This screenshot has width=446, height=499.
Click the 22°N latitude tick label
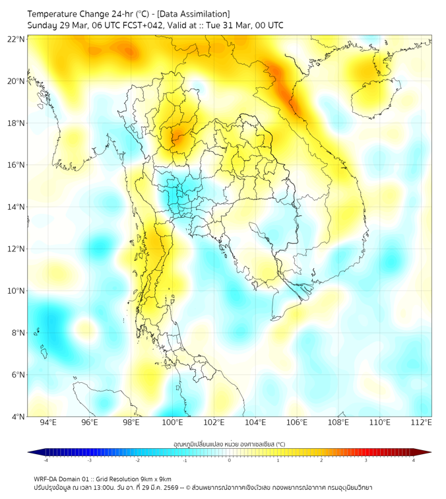pos(16,39)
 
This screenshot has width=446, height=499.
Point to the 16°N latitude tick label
pos(16,165)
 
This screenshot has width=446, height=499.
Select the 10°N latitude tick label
pos(16,291)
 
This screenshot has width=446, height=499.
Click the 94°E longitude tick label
pos(48,423)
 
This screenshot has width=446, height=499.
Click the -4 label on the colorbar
pos(46,460)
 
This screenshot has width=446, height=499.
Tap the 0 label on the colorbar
pos(230,460)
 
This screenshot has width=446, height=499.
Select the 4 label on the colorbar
pos(413,460)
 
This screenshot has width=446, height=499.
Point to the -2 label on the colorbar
pos(137,460)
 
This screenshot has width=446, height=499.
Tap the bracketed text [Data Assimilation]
pos(194,13)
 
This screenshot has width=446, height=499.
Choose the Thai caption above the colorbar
pos(229,444)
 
